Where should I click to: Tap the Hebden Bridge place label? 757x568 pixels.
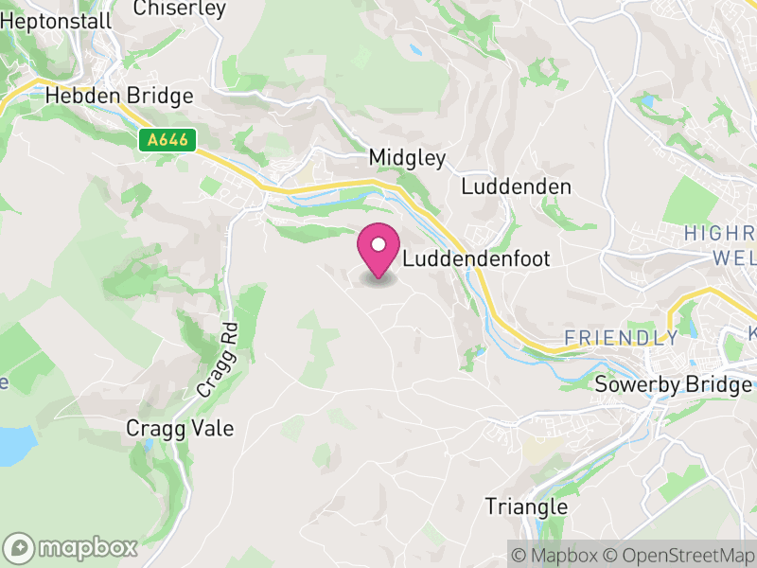[119, 97]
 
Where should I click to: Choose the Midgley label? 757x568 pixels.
[407, 158]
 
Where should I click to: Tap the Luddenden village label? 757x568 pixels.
[516, 186]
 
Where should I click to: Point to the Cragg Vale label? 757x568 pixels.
[180, 429]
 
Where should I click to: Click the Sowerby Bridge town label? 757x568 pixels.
[673, 384]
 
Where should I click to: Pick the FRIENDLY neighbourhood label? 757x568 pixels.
[621, 338]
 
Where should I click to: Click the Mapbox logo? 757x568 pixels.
[72, 547]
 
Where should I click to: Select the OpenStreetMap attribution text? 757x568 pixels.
[678, 554]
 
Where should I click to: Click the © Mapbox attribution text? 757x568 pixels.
[555, 554]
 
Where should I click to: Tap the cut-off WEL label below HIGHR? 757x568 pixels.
[733, 257]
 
